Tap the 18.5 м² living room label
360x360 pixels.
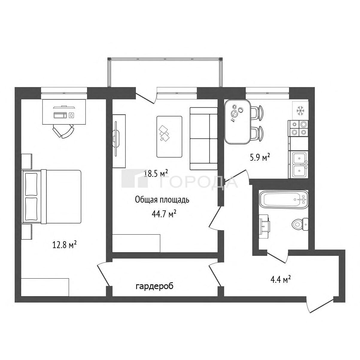(x=156, y=173)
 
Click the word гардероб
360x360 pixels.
(x=154, y=286)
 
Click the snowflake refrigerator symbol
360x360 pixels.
(x=300, y=111)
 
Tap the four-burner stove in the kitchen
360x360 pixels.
(x=298, y=128)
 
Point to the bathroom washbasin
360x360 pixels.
(x=264, y=226)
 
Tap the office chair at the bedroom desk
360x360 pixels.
(x=63, y=130)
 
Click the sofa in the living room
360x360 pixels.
(x=203, y=139)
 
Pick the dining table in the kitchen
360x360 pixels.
(x=237, y=122)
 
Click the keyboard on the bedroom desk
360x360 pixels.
(x=60, y=115)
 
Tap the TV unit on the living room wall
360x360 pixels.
(x=119, y=141)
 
